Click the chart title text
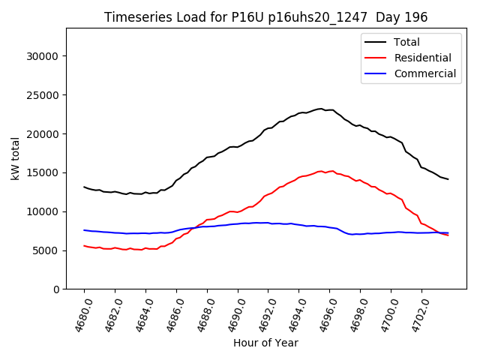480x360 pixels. tap(265, 17)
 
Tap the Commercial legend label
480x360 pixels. tap(425, 73)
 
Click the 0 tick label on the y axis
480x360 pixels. tap(57, 289)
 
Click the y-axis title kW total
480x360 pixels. tap(15, 159)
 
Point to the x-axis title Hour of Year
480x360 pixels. tap(265, 343)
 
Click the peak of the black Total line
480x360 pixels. tap(321, 109)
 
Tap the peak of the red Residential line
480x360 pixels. tap(321, 171)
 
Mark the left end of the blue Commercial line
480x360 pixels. tap(84, 230)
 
